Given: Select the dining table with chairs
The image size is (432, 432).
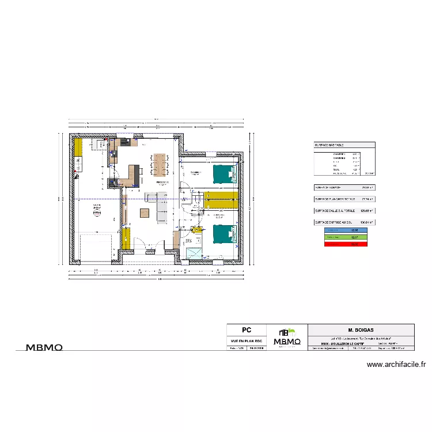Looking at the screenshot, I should coord(160,164).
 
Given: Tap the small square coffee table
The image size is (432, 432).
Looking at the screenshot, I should coord(143,213).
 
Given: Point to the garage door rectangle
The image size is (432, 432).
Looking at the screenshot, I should coord(96,248).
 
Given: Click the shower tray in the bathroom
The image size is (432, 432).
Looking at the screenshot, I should coord(194,254).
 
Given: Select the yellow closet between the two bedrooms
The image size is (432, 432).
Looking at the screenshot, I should coord(221,199).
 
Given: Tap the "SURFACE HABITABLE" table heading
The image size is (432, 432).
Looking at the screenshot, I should coord(329,146).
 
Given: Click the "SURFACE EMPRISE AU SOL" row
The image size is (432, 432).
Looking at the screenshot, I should coord(343,222).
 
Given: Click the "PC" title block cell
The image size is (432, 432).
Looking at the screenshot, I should coord(247,331).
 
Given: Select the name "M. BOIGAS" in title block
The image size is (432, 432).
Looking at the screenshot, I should coord(361,331).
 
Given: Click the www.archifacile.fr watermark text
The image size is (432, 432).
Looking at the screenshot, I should coord(396,364).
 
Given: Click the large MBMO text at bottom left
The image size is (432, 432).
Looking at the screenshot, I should coord(44,347).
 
